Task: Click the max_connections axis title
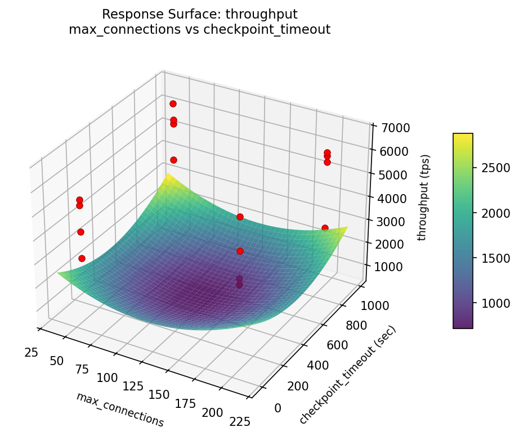120,410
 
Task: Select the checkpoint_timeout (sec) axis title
348,375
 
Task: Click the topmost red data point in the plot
173,104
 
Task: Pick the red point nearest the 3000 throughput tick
325,228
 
